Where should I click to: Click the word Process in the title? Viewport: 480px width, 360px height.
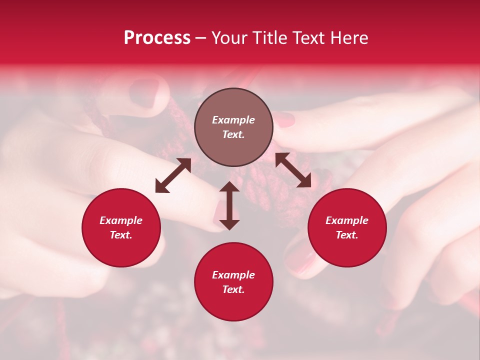[x=157, y=38]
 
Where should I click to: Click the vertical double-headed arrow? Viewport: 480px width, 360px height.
[x=229, y=205]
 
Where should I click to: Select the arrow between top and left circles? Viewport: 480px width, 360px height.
[x=173, y=175]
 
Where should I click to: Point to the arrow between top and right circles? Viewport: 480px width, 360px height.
[x=293, y=170]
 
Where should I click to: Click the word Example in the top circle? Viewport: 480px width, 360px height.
[x=233, y=120]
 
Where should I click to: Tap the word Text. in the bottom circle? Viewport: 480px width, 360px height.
[x=233, y=289]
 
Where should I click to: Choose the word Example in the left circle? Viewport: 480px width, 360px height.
[x=121, y=220]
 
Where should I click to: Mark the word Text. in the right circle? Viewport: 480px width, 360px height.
[x=347, y=235]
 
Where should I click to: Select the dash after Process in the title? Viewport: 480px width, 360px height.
[x=200, y=38]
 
